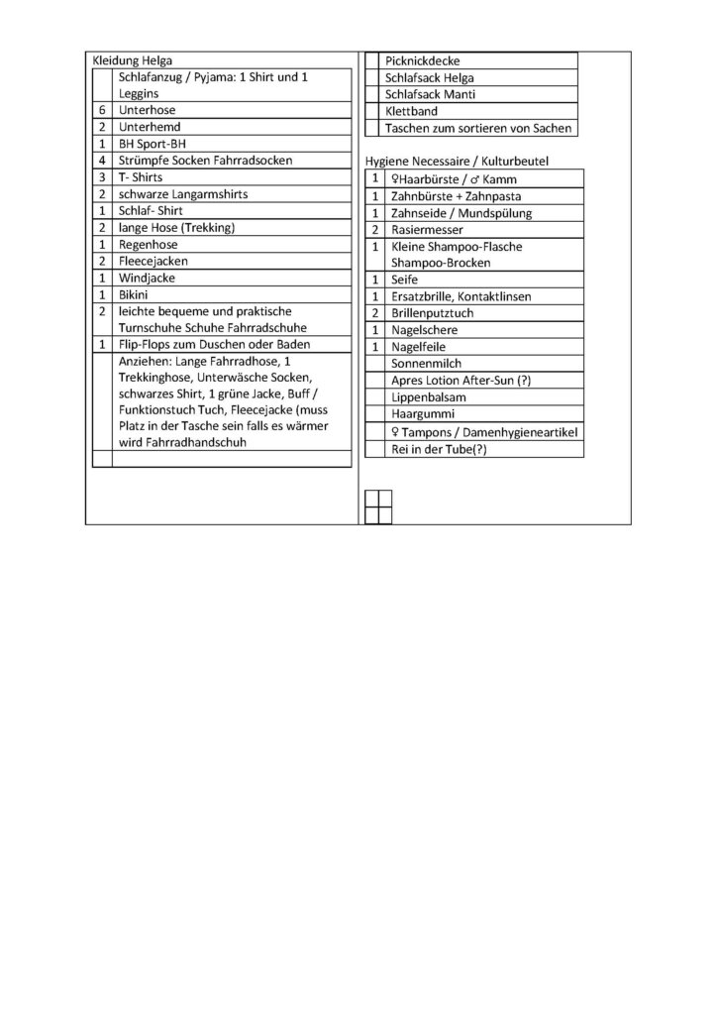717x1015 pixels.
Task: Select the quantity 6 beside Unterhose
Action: click(x=103, y=111)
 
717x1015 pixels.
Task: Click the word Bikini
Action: click(x=134, y=294)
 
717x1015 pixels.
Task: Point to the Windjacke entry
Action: click(x=146, y=278)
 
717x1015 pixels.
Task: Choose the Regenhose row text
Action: click(x=148, y=244)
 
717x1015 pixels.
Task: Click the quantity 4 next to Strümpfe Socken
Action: click(x=103, y=161)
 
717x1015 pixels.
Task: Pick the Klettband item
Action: click(x=412, y=111)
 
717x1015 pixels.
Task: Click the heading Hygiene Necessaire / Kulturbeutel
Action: click(x=458, y=161)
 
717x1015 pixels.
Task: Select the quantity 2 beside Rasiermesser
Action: click(x=375, y=229)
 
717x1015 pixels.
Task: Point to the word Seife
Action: click(x=406, y=281)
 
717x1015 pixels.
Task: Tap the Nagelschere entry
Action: click(x=425, y=330)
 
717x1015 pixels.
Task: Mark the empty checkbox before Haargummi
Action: click(x=375, y=414)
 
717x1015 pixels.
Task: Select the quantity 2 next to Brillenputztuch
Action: click(x=375, y=313)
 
